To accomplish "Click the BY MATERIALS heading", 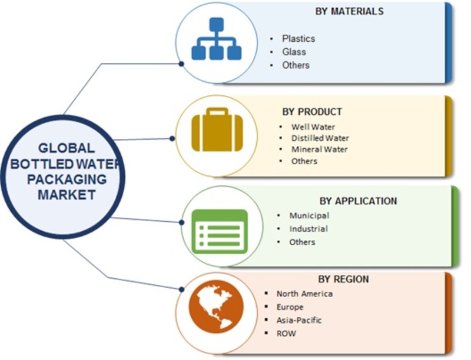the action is pos(349,11).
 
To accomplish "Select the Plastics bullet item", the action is pos(298,38).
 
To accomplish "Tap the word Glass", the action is pos(294,52).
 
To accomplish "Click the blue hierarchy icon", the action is pos(216,38).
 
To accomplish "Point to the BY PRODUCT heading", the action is pos(312,112).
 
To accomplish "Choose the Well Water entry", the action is pos(313,127).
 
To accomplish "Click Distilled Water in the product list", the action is pos(320,138).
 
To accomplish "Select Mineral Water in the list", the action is pos(319,149).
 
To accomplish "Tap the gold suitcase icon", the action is pos(217,129).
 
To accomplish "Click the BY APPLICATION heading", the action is pos(358,201).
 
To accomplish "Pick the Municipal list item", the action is pos(309,215).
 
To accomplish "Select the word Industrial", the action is pos(309,229).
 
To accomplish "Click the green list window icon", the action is pos(220,231).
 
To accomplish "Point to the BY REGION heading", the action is pos(343,279).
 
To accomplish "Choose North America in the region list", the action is pos(304,294).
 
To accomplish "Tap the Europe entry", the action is pos(290,307).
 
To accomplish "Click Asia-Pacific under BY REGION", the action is pos(299,320).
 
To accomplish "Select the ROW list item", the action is pos(286,334).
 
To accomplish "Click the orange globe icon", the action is pos(216,306).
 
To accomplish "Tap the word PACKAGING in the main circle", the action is pos(67,179).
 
